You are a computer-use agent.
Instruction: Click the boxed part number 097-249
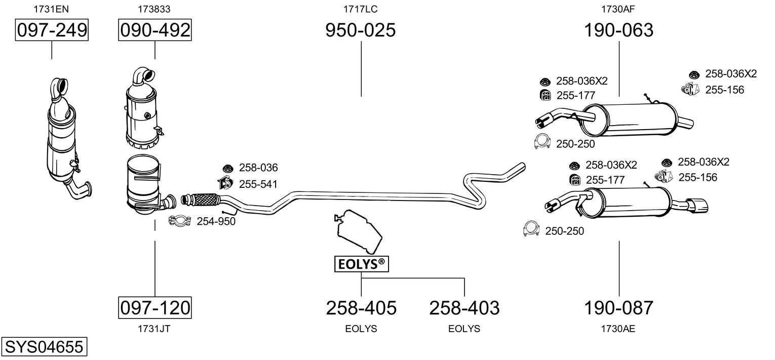click(52, 31)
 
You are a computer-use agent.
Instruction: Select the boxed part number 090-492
click(155, 31)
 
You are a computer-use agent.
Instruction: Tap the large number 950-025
click(360, 30)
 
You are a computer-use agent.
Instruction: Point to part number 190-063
click(618, 30)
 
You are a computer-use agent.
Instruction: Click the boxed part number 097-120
click(155, 307)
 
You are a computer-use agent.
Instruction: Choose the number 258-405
click(361, 307)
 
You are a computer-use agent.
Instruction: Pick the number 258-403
click(464, 307)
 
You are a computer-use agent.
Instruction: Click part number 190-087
click(618, 307)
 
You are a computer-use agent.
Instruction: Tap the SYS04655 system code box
click(43, 347)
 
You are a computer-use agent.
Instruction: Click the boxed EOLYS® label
click(361, 264)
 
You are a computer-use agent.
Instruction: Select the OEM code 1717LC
click(361, 9)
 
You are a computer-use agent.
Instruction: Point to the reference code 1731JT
click(154, 329)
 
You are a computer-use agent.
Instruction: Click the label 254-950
click(216, 221)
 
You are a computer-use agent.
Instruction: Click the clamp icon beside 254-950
click(179, 221)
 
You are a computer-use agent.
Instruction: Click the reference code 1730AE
click(618, 329)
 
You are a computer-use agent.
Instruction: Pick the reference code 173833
click(154, 9)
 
